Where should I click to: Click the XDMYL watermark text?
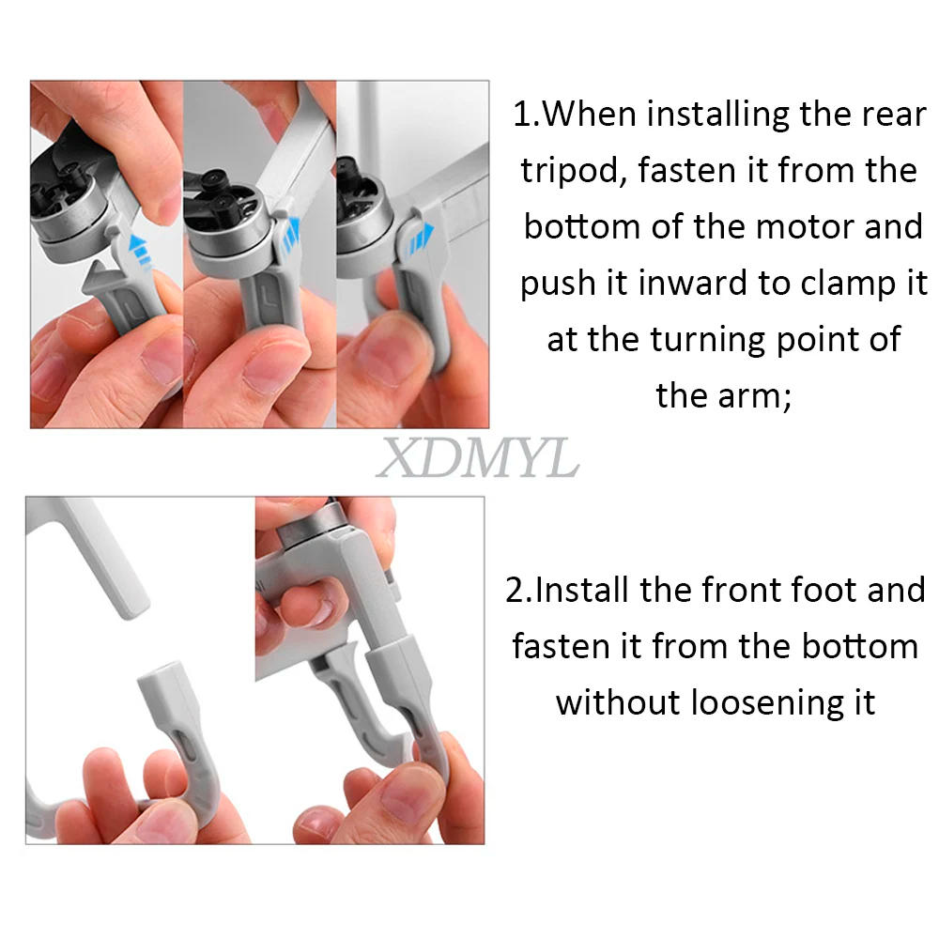[x=477, y=460]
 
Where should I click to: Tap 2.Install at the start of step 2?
[x=568, y=591]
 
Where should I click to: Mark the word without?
[x=618, y=702]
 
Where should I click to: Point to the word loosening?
[x=769, y=702]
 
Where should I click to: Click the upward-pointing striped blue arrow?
[x=139, y=248]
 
